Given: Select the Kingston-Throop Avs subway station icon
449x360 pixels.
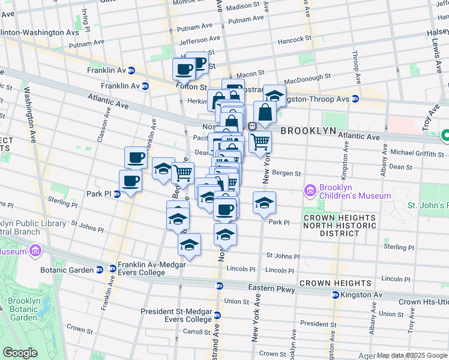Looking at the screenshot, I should tap(356, 98).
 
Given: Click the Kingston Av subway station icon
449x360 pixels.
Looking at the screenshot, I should tap(336, 295).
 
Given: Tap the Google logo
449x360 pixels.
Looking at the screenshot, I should tap(20, 353).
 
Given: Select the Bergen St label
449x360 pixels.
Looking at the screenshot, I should tap(286, 173).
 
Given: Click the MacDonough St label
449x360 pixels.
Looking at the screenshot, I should tap(307, 78).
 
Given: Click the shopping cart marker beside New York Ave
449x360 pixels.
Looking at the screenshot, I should tap(260, 142).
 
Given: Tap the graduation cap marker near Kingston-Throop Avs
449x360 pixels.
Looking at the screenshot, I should tap(274, 95).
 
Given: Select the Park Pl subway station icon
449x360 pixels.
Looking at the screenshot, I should tap(116, 194).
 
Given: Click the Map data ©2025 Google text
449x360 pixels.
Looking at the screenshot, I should tap(412, 355).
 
